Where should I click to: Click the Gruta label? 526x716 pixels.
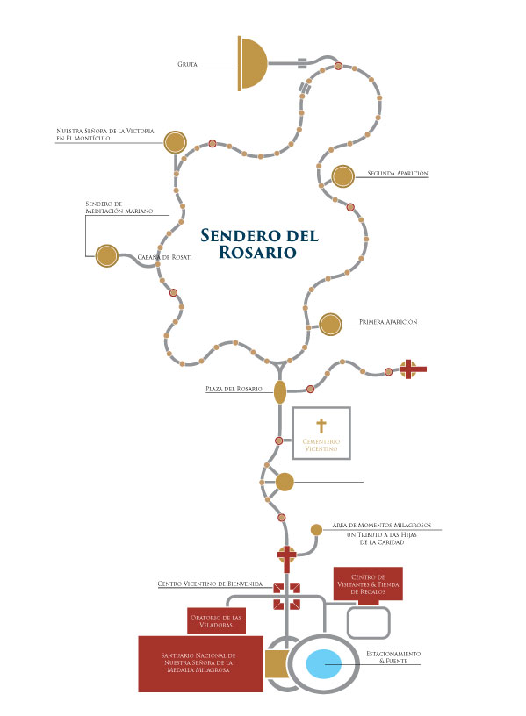pyautogui.click(x=187, y=64)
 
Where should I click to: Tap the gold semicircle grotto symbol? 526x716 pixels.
pyautogui.click(x=252, y=63)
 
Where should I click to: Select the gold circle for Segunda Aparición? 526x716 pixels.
pyautogui.click(x=342, y=176)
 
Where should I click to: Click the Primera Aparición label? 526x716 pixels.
pyautogui.click(x=388, y=322)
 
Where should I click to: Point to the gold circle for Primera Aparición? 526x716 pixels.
pyautogui.click(x=330, y=324)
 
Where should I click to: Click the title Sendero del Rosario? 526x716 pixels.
pyautogui.click(x=259, y=243)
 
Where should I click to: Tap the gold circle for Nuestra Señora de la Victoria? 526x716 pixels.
pyautogui.click(x=175, y=142)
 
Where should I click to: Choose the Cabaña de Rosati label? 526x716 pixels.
pyautogui.click(x=164, y=257)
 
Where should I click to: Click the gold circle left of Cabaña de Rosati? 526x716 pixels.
pyautogui.click(x=107, y=255)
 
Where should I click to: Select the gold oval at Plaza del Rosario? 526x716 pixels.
pyautogui.click(x=280, y=391)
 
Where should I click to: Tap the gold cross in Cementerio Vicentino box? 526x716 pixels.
pyautogui.click(x=321, y=426)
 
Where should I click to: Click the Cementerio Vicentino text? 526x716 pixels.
pyautogui.click(x=321, y=445)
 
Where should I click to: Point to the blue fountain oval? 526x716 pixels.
pyautogui.click(x=323, y=663)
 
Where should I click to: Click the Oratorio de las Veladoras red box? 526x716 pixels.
pyautogui.click(x=216, y=621)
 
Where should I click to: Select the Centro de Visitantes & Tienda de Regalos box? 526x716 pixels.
pyautogui.click(x=368, y=584)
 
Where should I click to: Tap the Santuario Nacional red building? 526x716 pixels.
pyautogui.click(x=200, y=663)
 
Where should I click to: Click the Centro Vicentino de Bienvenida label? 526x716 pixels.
pyautogui.click(x=210, y=584)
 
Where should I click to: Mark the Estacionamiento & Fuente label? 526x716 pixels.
pyautogui.click(x=393, y=657)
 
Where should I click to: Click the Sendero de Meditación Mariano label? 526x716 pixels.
pyautogui.click(x=119, y=207)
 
